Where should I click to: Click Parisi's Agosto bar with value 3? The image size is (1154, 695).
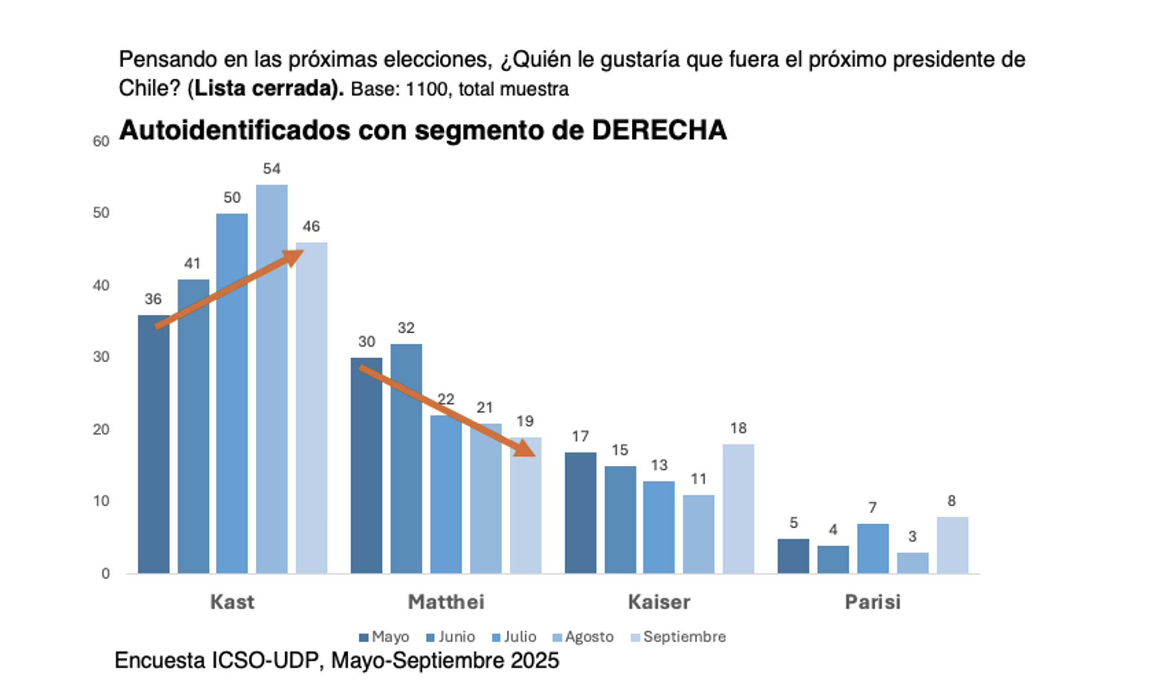(x=912, y=562)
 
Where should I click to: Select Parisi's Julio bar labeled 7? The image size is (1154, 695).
(x=873, y=548)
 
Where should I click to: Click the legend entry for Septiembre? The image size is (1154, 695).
(x=678, y=637)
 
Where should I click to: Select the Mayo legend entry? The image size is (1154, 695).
(x=384, y=637)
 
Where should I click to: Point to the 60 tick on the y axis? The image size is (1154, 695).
(x=101, y=141)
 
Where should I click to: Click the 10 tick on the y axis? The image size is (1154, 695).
(x=101, y=501)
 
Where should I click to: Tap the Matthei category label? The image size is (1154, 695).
(x=446, y=602)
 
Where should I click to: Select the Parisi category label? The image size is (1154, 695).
(x=872, y=602)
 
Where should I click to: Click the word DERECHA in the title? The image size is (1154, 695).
(x=659, y=130)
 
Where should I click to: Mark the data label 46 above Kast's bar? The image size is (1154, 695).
(x=311, y=226)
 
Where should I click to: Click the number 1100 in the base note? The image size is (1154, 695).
(x=426, y=89)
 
